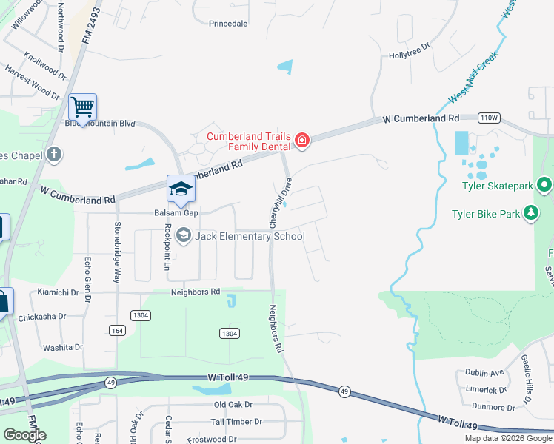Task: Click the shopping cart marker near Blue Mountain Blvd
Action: [82, 107]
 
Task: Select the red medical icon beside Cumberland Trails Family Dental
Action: [301, 140]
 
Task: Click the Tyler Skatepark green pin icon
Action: [545, 185]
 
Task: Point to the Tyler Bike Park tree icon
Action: [530, 215]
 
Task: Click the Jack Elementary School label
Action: [250, 236]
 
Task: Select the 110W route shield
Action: [489, 118]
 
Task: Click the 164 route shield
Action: [117, 330]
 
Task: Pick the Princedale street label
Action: [228, 24]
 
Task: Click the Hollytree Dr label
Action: [410, 55]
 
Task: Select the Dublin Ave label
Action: [484, 373]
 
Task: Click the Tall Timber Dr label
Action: [236, 422]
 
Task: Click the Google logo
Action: [24, 435]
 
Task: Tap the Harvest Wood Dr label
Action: [32, 82]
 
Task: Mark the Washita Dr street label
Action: [63, 347]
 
